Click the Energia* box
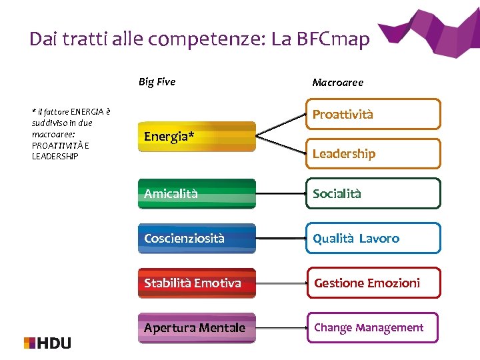[x=197, y=137]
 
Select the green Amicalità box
[x=197, y=194]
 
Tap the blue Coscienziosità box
[x=197, y=238]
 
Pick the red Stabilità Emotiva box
[x=197, y=283]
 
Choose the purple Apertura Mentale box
[x=197, y=327]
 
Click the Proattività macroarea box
[x=373, y=114]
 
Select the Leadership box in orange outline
[x=373, y=153]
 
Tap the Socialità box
[x=373, y=194]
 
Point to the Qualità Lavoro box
[x=373, y=238]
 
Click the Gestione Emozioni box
[x=373, y=283]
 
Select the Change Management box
[x=373, y=327]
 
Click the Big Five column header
[x=157, y=82]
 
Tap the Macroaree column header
[x=338, y=83]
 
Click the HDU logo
[x=47, y=343]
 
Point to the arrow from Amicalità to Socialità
[x=281, y=194]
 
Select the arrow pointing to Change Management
[x=281, y=327]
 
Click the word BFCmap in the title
[x=331, y=40]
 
